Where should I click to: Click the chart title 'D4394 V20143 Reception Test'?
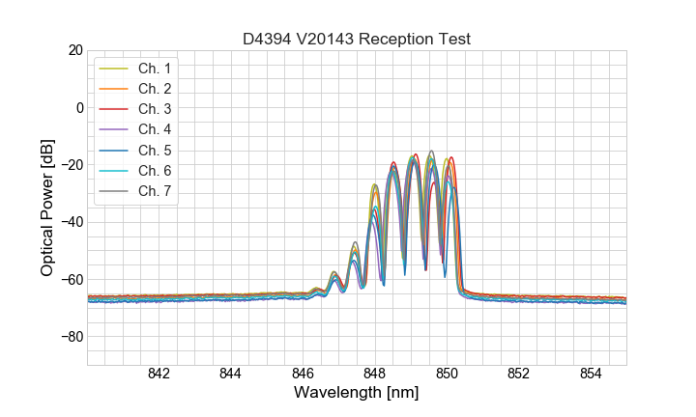357,39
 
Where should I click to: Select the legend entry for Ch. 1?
155,69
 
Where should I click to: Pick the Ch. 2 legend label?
155,89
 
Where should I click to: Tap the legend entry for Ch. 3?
155,109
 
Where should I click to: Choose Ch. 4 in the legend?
155,129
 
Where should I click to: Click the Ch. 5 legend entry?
155,150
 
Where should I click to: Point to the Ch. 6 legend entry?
155,170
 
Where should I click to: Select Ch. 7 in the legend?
155,190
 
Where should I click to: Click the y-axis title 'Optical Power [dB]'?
47,207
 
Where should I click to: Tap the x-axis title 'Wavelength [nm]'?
357,393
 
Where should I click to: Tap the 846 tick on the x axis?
303,374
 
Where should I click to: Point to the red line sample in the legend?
114,109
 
